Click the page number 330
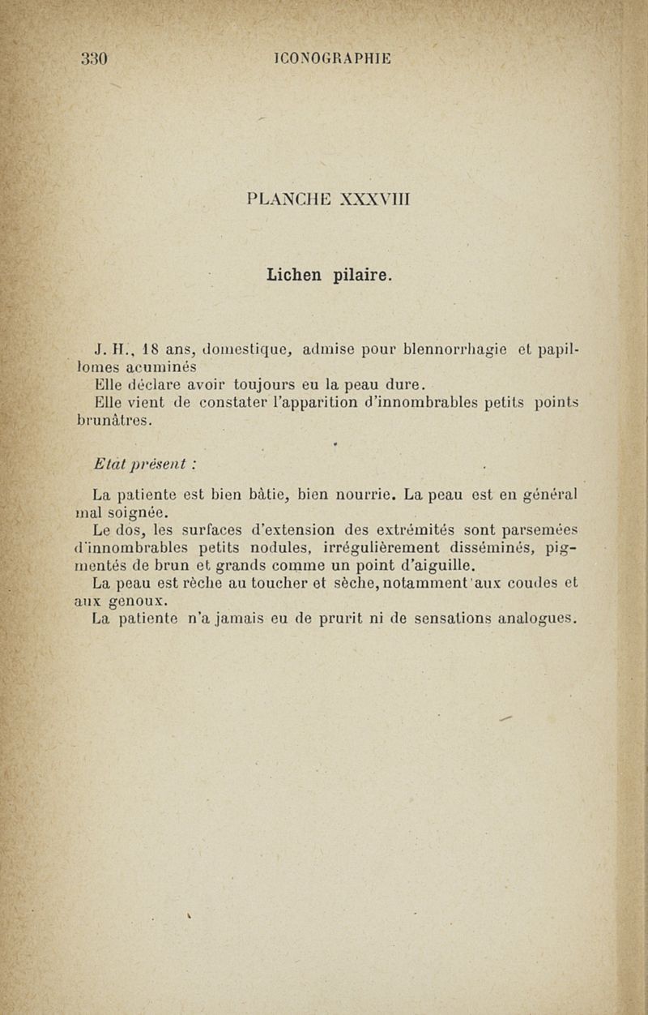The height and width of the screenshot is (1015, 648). coord(95,58)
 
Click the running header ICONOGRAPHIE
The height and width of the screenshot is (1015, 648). coord(332,58)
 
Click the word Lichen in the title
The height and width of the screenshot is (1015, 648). coord(296,276)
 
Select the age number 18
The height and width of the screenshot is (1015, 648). coord(150,350)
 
